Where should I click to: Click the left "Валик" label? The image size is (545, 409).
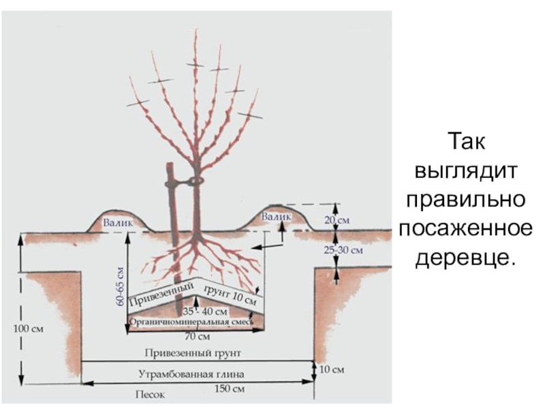117,222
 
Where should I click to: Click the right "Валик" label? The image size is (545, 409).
277,216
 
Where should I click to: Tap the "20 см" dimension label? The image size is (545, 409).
337,220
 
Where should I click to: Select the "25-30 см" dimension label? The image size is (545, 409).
342,250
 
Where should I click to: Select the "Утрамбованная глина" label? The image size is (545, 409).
191,374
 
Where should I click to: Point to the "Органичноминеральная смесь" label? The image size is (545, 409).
191,322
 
